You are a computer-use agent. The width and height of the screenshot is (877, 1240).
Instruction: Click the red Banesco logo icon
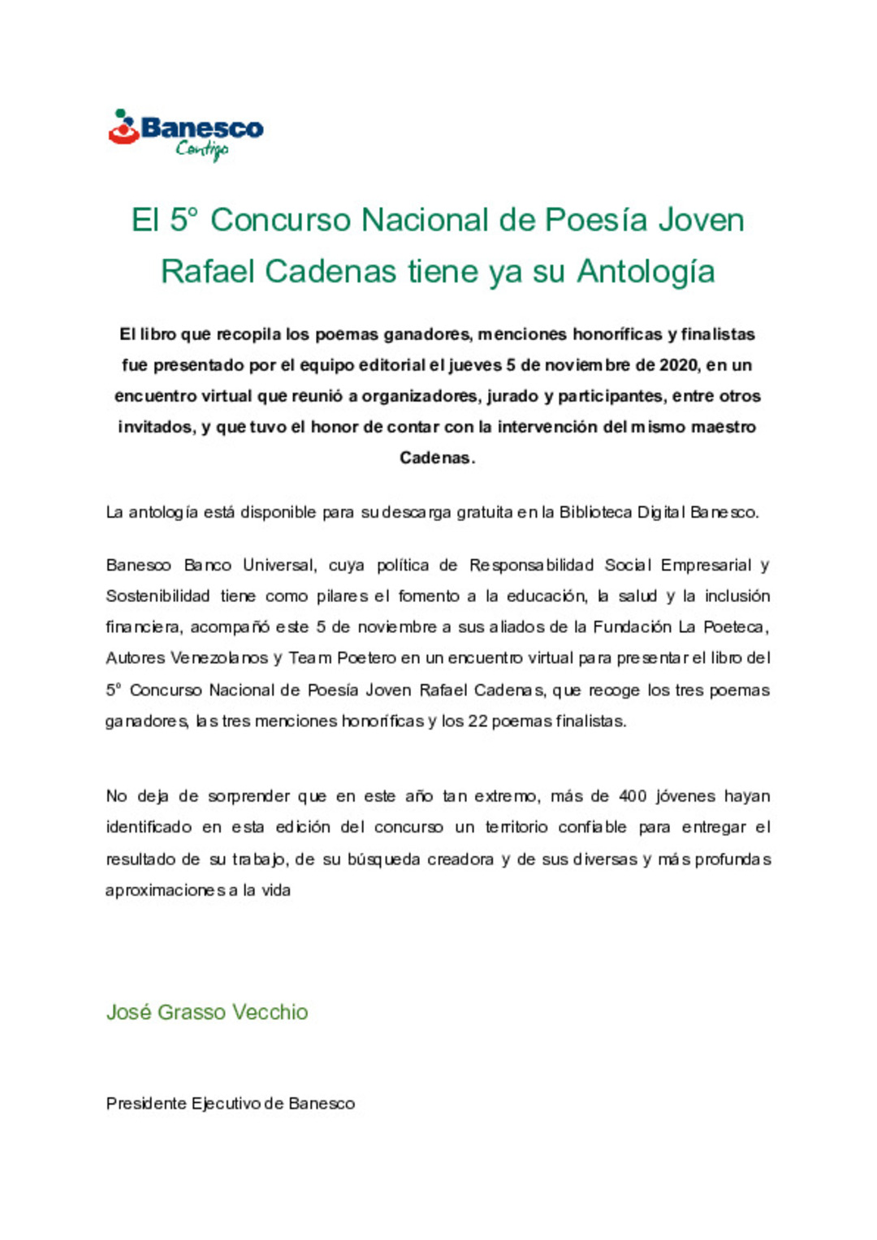(123, 128)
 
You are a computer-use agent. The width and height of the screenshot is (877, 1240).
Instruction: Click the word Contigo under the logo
(201, 149)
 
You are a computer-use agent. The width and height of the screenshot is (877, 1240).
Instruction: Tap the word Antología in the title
(646, 271)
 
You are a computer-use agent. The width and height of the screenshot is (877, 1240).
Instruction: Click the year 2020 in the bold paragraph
(679, 365)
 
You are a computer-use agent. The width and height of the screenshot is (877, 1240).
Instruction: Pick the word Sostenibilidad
(158, 596)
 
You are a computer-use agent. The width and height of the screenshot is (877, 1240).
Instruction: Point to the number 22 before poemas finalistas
(477, 721)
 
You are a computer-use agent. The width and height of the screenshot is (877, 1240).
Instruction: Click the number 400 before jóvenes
(633, 796)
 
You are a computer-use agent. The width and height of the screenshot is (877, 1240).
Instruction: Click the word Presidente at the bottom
(146, 1104)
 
